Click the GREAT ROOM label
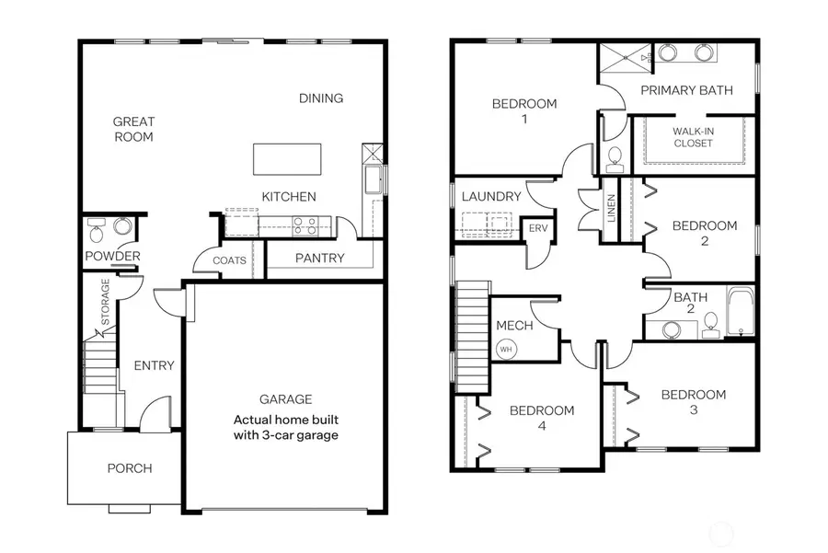point(133,129)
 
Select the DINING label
point(321,98)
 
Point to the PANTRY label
point(319,259)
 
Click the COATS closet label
point(229,260)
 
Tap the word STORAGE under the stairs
point(106,303)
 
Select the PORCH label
point(130,468)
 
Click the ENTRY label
point(154,365)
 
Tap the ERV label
point(535,229)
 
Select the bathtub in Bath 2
point(740,313)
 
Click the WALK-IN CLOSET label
point(693,137)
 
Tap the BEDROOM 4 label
point(542,418)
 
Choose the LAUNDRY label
point(491,197)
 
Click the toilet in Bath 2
point(710,323)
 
